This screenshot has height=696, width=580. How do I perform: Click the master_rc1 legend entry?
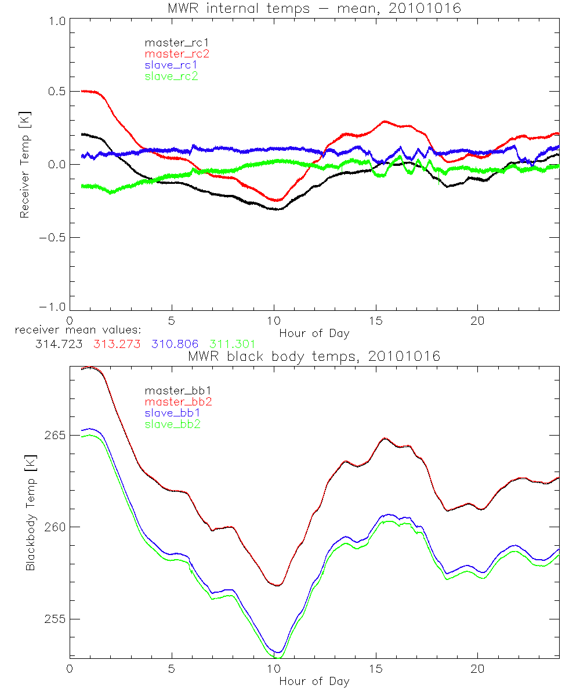[x=171, y=42]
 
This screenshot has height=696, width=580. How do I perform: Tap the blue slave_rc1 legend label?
[x=171, y=65]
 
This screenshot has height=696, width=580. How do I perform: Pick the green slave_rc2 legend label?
[x=171, y=76]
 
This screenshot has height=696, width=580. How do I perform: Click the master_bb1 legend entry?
[x=174, y=390]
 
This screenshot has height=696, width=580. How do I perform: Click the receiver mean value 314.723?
[x=59, y=344]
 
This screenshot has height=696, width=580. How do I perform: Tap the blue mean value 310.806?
[x=175, y=344]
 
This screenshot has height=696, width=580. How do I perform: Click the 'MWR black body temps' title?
[x=314, y=356]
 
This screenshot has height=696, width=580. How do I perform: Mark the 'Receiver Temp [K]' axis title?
[x=24, y=165]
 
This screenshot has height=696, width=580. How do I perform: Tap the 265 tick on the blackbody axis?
[x=53, y=435]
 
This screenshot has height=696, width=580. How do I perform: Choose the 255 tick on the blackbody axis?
[x=53, y=619]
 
